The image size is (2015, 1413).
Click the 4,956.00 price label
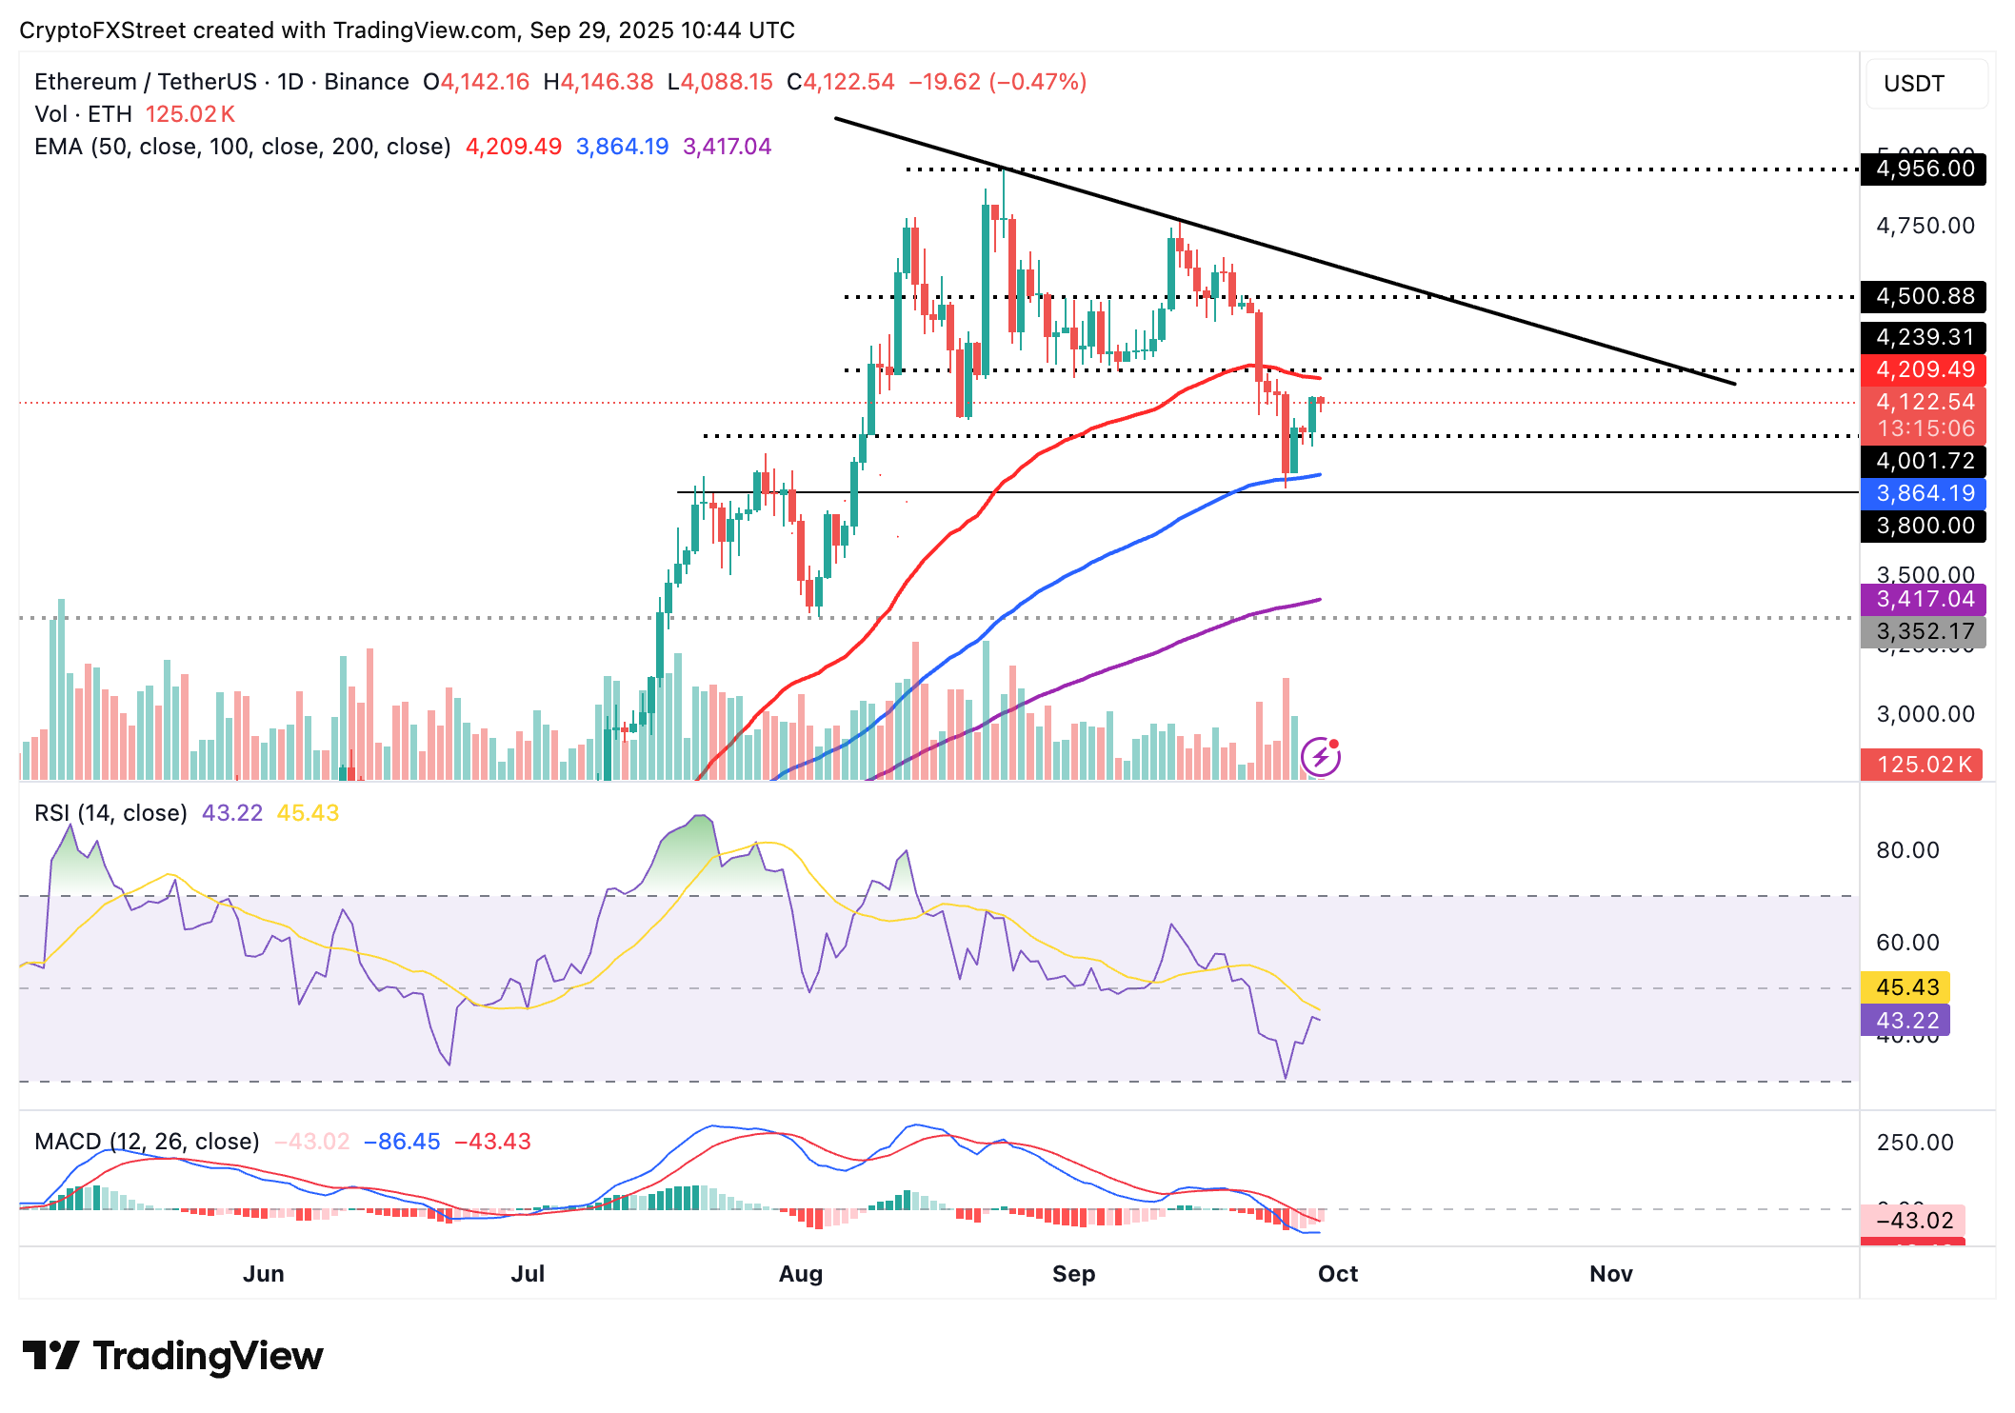click(1924, 169)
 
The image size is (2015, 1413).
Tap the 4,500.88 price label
click(1924, 296)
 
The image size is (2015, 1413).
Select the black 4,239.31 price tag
click(1924, 337)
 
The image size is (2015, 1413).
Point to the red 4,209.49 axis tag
click(1924, 369)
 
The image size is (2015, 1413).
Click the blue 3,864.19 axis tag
click(1924, 493)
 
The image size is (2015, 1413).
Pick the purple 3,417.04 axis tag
click(1924, 599)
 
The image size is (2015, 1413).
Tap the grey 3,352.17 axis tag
click(1924, 631)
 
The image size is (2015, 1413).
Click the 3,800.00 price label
click(1924, 526)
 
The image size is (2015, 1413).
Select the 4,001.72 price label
click(1924, 461)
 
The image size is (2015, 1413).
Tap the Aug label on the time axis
click(800, 1274)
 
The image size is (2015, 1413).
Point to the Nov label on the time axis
click(1610, 1274)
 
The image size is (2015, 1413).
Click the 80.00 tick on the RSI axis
click(1907, 850)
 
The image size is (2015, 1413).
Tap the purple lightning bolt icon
click(1321, 757)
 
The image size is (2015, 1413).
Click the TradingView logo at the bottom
click(172, 1356)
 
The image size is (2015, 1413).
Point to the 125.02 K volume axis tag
click(1922, 765)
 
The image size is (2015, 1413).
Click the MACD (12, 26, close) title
click(147, 1142)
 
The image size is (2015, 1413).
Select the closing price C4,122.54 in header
click(841, 82)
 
